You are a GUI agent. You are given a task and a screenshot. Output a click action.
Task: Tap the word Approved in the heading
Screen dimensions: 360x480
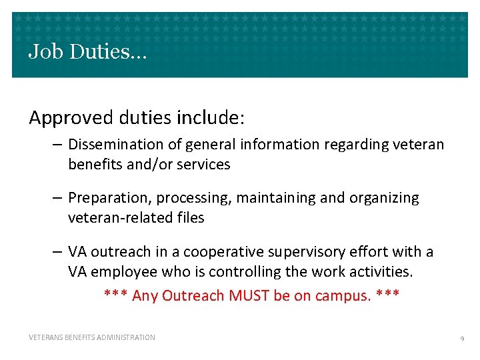pyautogui.click(x=72, y=119)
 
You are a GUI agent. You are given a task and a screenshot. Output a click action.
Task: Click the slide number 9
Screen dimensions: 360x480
pyautogui.click(x=462, y=339)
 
